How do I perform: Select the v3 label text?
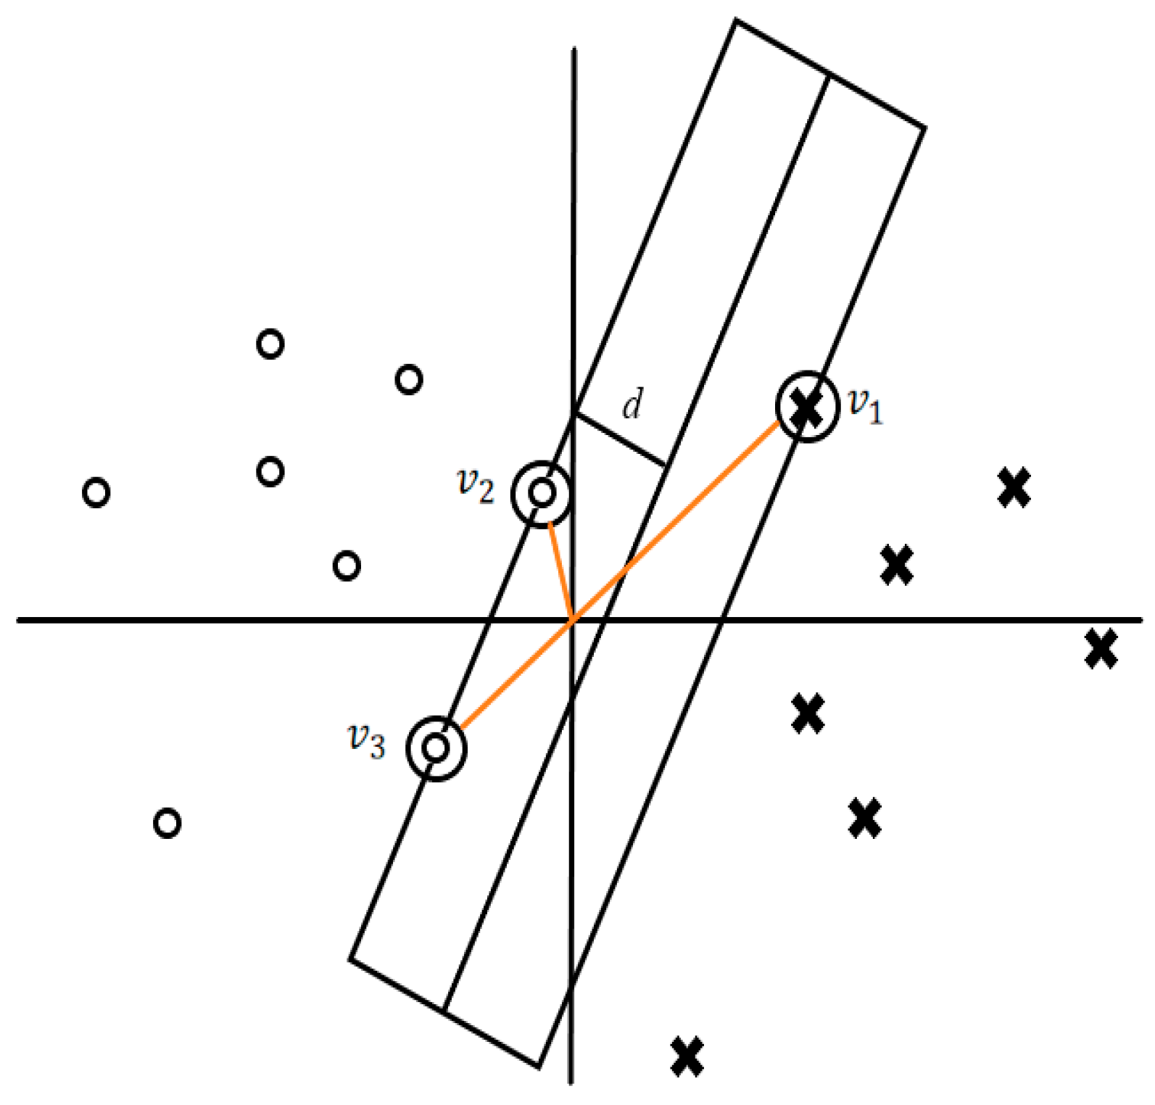pos(367,740)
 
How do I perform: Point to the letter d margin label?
pos(632,405)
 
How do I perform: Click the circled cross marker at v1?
pos(807,407)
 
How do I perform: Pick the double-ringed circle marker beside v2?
pos(541,493)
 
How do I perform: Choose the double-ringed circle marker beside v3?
pos(436,748)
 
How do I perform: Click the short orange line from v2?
pos(560,570)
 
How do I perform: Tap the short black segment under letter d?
pos(620,439)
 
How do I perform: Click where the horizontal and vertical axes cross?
pos(573,620)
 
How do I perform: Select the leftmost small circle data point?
pos(96,492)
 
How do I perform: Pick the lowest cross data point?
pos(687,1056)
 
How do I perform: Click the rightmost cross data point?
pos(1101,648)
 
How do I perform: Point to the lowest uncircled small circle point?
pos(167,823)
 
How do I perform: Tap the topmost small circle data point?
pos(270,343)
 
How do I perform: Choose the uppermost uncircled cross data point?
pos(1014,487)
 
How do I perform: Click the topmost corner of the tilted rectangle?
pos(737,21)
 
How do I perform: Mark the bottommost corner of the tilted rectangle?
pos(539,1067)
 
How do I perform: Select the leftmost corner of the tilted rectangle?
pos(351,959)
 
